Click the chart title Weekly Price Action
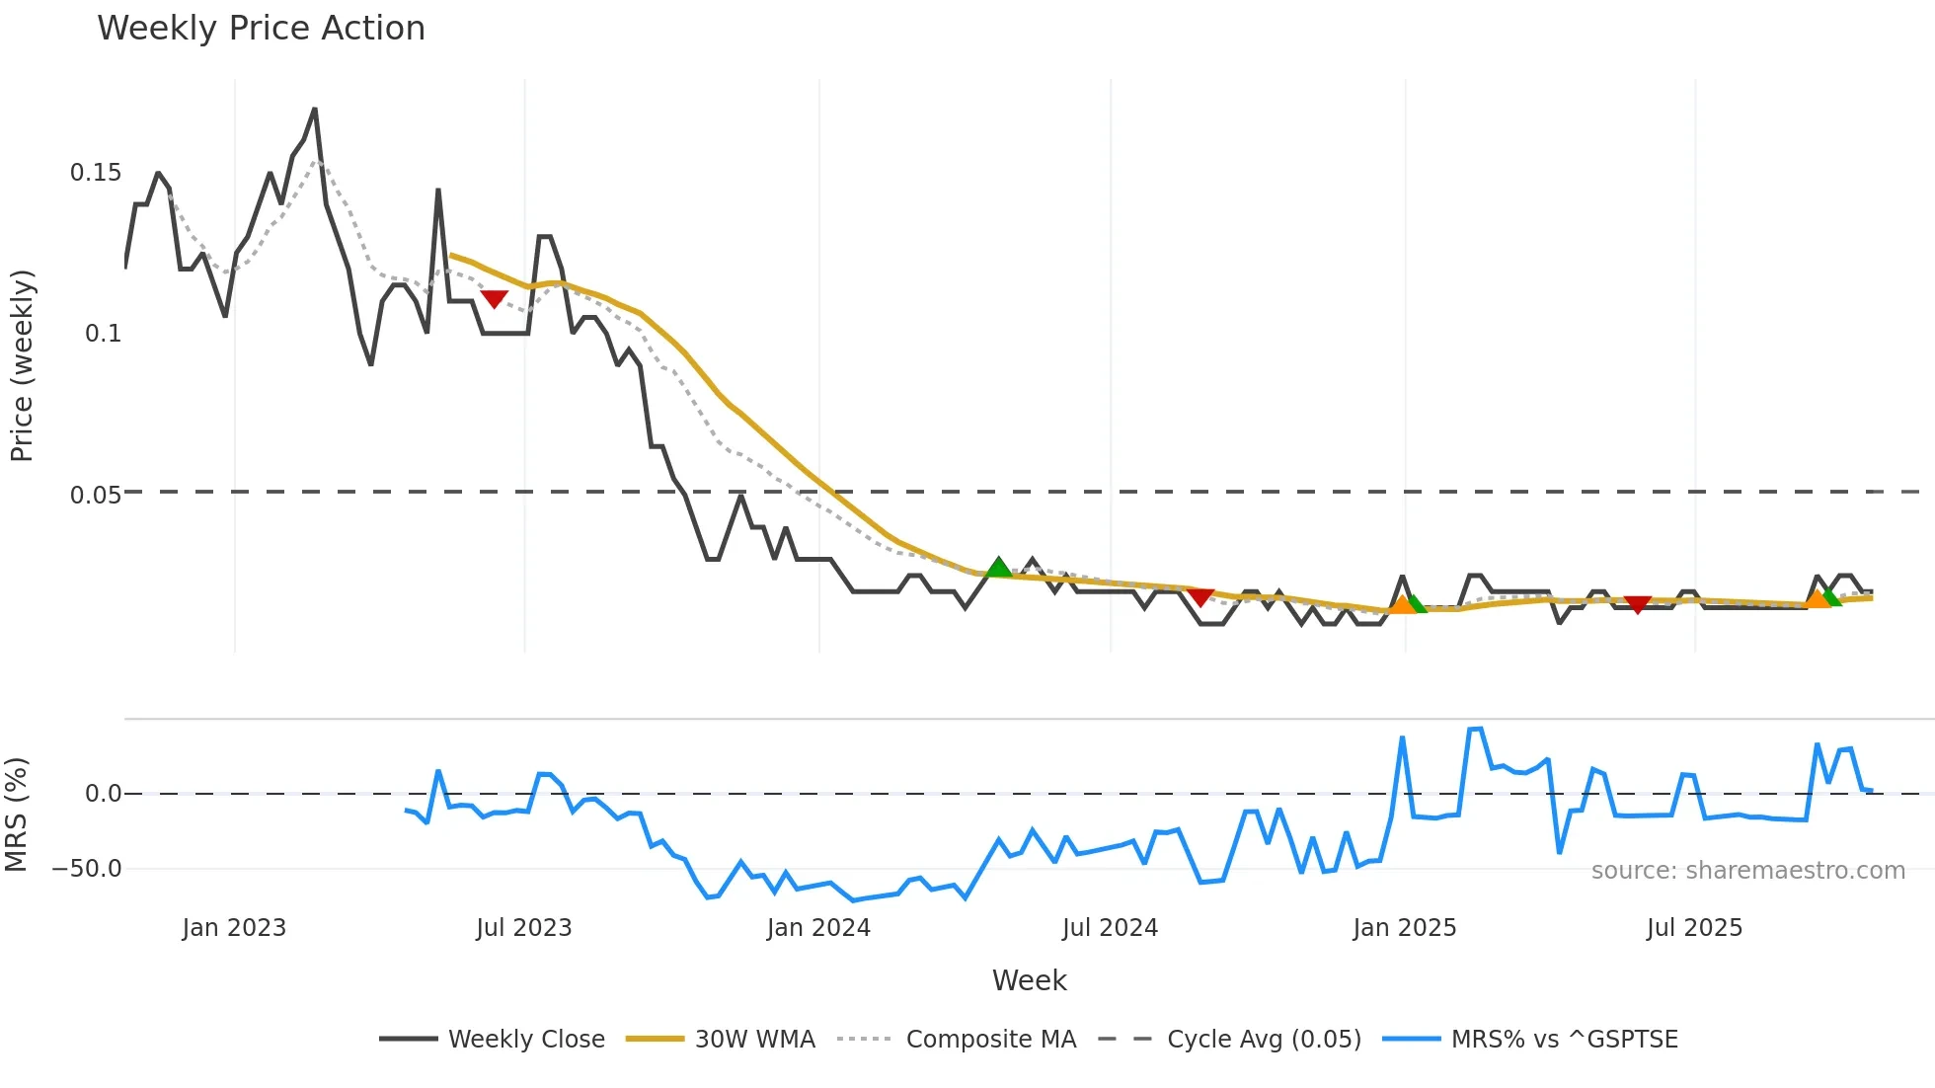pos(261,29)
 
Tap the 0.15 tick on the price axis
pos(96,173)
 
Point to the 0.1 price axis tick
pos(103,334)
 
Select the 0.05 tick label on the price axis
pos(96,495)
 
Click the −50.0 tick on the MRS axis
pos(87,869)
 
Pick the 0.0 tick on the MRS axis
pos(103,794)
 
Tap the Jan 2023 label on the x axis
pos(234,928)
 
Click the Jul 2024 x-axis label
pos(1110,928)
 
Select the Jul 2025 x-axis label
pos(1694,928)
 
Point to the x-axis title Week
pos(1029,980)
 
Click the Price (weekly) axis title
pos(22,365)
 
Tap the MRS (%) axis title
pos(16,815)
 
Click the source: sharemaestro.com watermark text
pos(1747,871)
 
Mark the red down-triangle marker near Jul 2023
pos(494,298)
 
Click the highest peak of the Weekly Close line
pos(315,109)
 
